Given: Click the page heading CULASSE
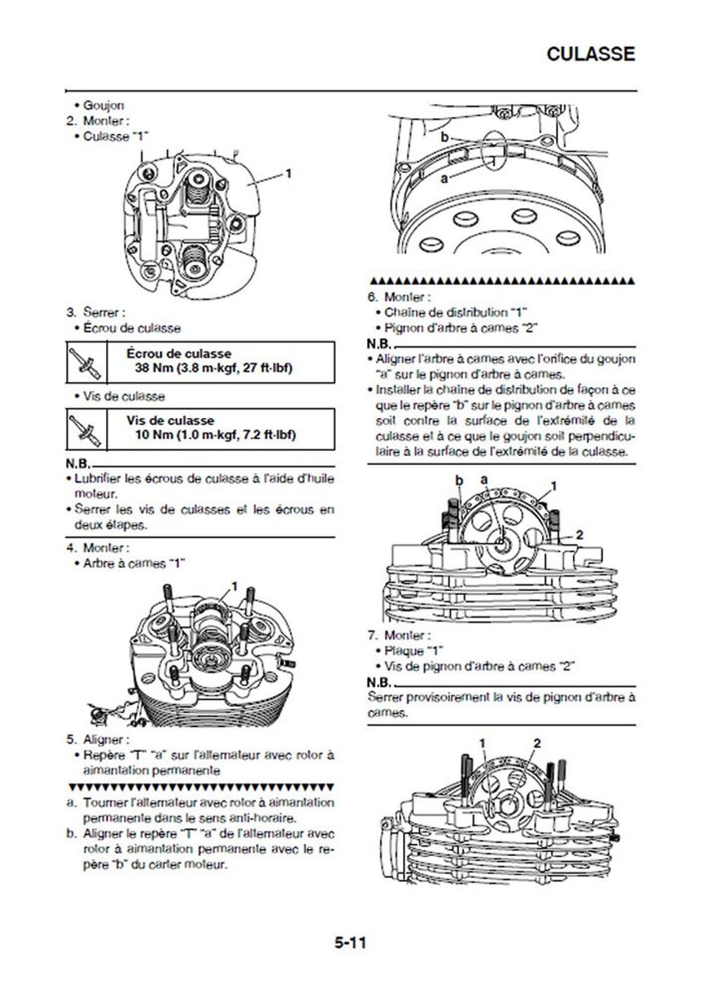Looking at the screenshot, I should pyautogui.click(x=590, y=54).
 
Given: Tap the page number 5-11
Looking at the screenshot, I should pyautogui.click(x=350, y=942).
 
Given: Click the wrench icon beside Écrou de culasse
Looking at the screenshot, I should pyautogui.click(x=86, y=361).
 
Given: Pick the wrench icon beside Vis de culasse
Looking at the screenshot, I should pyautogui.click(x=86, y=428).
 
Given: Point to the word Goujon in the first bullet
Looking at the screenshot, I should pyautogui.click(x=104, y=105).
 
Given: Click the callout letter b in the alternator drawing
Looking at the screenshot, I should pyautogui.click(x=444, y=138).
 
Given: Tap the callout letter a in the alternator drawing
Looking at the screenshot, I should pyautogui.click(x=444, y=178).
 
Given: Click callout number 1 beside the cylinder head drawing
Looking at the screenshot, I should pyautogui.click(x=288, y=173).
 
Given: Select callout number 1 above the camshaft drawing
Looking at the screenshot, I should pyautogui.click(x=234, y=586).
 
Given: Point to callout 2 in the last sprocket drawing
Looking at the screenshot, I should pyautogui.click(x=537, y=743).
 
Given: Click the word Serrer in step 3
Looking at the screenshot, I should pyautogui.click(x=100, y=312).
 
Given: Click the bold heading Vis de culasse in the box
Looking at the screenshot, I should pyautogui.click(x=171, y=421).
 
